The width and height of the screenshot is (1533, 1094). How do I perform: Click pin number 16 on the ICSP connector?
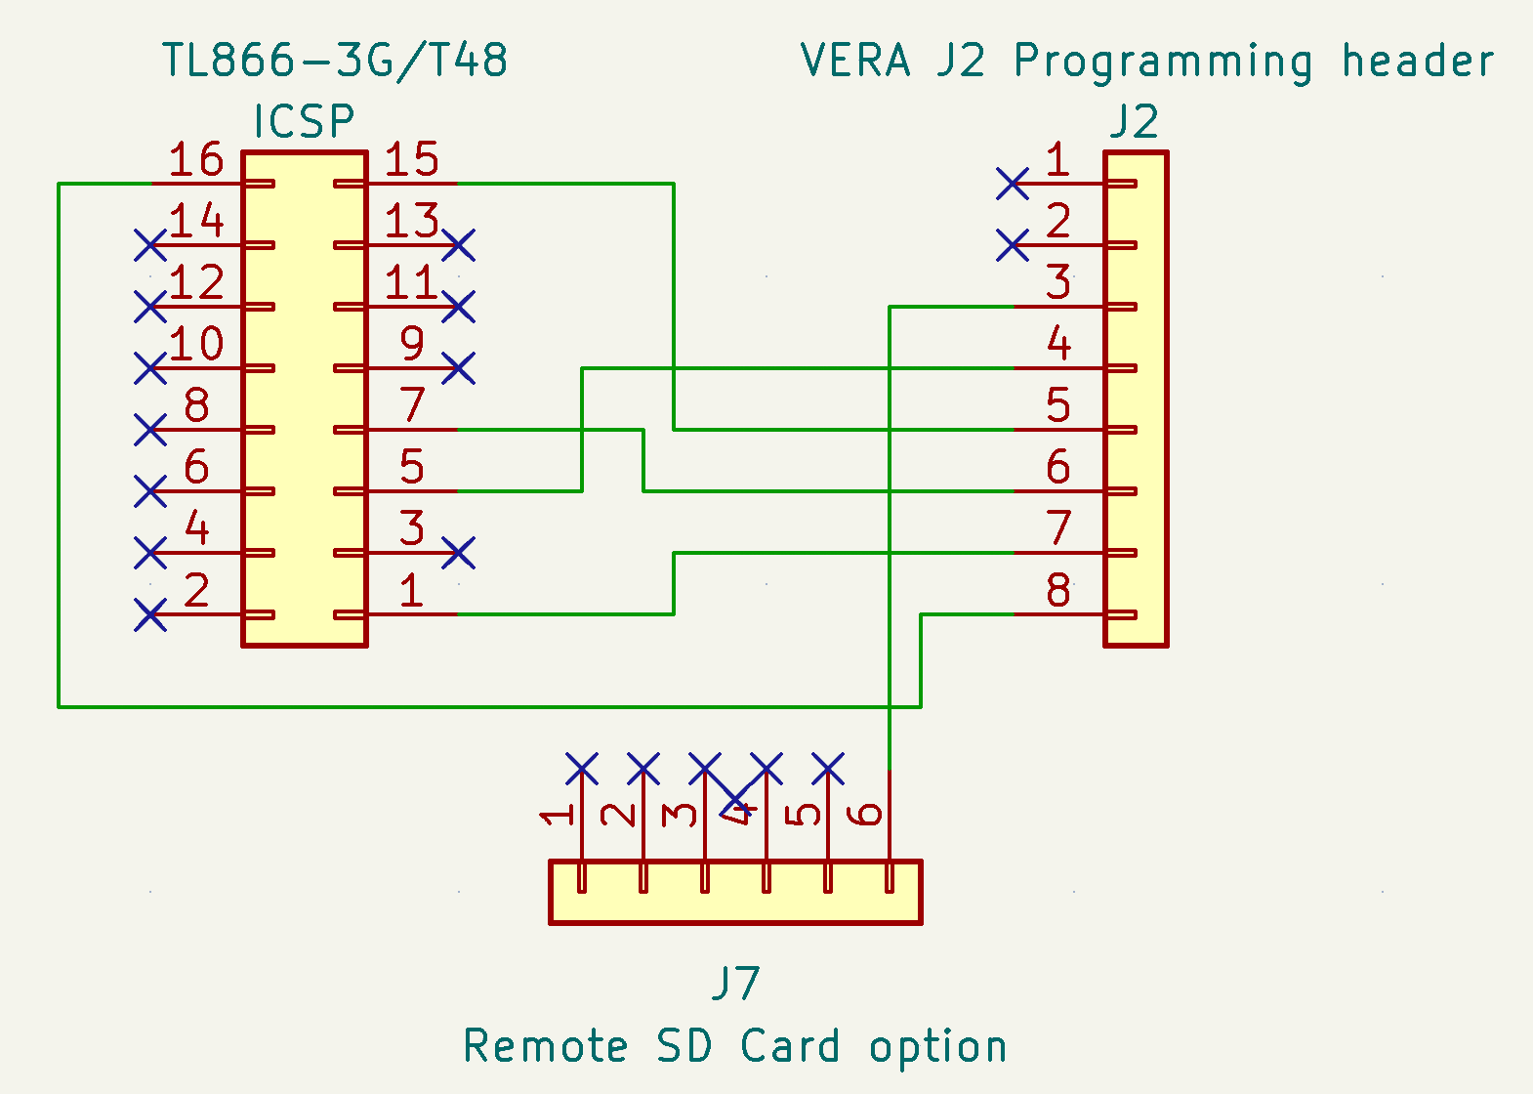pyautogui.click(x=196, y=160)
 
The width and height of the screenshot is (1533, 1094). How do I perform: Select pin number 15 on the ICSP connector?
pyautogui.click(x=411, y=160)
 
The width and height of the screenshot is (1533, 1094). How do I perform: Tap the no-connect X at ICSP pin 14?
pyautogui.click(x=150, y=245)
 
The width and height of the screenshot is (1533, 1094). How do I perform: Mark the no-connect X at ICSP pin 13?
pyautogui.click(x=459, y=245)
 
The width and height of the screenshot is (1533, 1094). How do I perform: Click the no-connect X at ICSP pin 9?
pyautogui.click(x=459, y=368)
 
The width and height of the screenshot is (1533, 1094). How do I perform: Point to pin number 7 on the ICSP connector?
pyautogui.click(x=413, y=405)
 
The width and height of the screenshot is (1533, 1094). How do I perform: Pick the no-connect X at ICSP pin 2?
pyautogui.click(x=150, y=614)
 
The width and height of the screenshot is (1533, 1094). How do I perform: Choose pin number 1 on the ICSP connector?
pyautogui.click(x=411, y=591)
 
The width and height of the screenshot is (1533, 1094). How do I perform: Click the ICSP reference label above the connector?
pyautogui.click(x=304, y=122)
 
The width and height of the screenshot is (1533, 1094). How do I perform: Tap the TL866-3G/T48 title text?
pyautogui.click(x=334, y=61)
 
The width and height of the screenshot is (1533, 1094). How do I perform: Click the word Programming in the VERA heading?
pyautogui.click(x=1163, y=63)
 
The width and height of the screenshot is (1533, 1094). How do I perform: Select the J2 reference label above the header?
pyautogui.click(x=1135, y=122)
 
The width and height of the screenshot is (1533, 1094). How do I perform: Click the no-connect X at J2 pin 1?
pyautogui.click(x=1014, y=184)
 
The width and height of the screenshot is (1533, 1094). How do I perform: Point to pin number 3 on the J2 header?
pyautogui.click(x=1058, y=283)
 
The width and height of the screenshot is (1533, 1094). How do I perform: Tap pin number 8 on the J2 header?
pyautogui.click(x=1058, y=591)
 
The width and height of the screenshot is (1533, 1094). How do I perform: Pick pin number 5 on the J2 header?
pyautogui.click(x=1058, y=405)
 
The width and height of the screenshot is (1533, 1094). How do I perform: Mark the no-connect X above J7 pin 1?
pyautogui.click(x=582, y=770)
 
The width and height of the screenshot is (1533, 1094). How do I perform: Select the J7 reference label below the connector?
pyautogui.click(x=735, y=984)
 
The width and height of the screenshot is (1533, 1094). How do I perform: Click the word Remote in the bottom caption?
pyautogui.click(x=545, y=1046)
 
